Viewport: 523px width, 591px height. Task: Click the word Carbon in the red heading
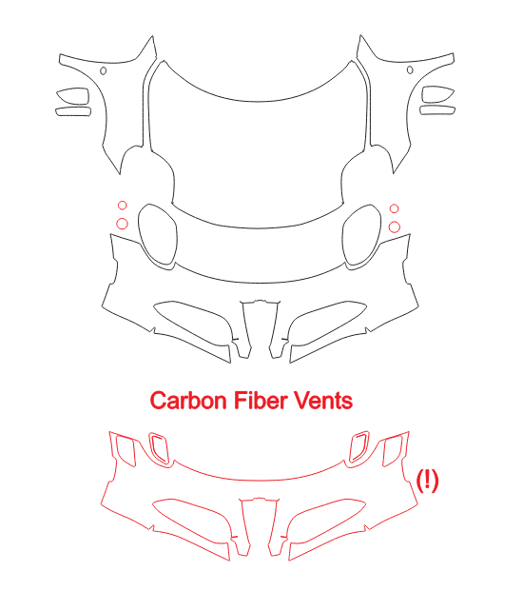tap(188, 401)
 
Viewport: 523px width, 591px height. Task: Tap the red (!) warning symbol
tap(427, 481)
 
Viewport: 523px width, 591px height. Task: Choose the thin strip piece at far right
tap(437, 107)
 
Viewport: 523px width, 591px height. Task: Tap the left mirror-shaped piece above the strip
tap(88, 96)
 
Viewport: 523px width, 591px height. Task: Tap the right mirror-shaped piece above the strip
tap(422, 94)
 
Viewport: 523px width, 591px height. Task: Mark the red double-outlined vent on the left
tap(150, 448)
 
